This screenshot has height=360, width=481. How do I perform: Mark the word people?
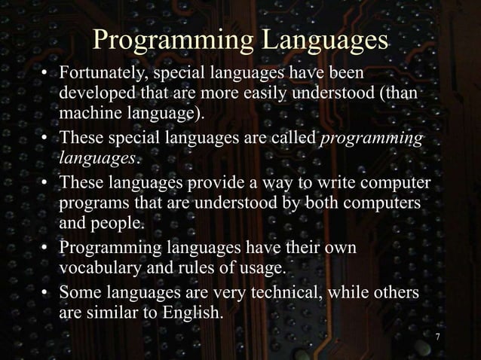(116, 224)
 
